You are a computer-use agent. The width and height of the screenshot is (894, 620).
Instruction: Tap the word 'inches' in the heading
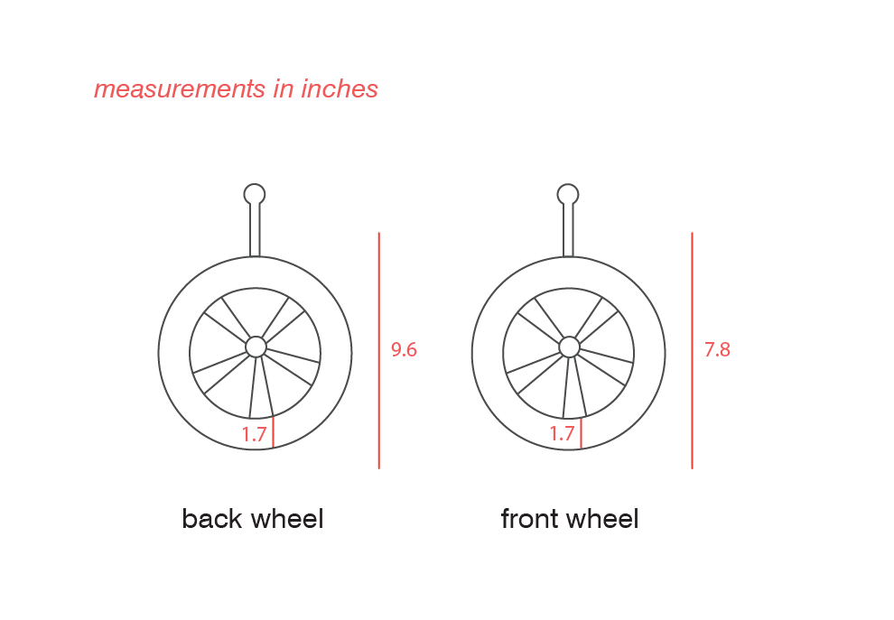[x=340, y=89]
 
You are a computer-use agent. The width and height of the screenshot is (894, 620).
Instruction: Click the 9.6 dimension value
[x=404, y=349]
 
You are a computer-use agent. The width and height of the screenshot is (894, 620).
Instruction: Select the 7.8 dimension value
[x=717, y=349]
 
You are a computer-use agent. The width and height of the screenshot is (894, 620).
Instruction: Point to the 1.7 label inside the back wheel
[x=254, y=434]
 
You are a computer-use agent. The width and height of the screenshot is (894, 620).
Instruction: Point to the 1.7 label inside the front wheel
[x=562, y=434]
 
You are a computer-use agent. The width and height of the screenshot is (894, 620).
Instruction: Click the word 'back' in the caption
[x=213, y=519]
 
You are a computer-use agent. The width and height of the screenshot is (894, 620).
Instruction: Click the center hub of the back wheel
[x=256, y=347]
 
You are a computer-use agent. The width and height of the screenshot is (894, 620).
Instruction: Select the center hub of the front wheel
[x=569, y=347]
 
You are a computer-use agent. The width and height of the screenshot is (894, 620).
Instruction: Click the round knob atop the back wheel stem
[x=255, y=194]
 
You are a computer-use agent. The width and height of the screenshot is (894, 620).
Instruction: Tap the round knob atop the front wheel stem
[x=568, y=194]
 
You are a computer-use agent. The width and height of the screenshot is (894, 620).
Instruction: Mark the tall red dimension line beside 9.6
[x=379, y=350]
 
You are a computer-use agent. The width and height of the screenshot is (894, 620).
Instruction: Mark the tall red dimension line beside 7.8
[x=692, y=350]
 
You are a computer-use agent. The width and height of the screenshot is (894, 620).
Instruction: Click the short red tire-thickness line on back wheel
[x=273, y=432]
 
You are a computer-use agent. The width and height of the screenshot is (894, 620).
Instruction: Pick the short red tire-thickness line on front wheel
[x=581, y=432]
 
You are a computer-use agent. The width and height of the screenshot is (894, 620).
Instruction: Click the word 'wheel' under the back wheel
[x=287, y=519]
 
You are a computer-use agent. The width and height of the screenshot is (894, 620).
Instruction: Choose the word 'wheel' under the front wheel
[x=602, y=519]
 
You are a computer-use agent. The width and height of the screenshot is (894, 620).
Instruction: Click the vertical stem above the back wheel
[x=255, y=229]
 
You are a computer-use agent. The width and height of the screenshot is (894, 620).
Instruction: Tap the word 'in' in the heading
[x=284, y=89]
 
